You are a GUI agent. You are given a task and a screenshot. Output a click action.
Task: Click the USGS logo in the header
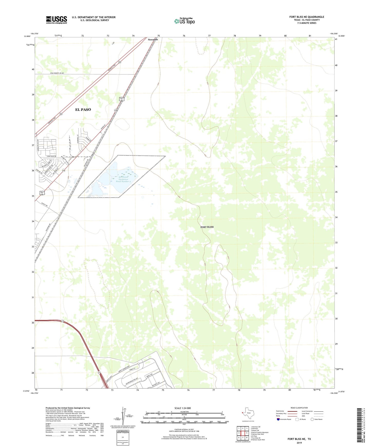[x=56, y=20]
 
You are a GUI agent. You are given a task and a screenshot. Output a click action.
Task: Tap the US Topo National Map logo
[x=184, y=21]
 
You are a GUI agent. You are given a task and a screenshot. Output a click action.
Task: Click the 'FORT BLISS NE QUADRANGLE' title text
[x=307, y=17]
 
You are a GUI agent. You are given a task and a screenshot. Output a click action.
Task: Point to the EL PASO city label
[x=83, y=110]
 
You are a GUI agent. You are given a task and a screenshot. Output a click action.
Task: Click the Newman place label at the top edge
[x=153, y=40]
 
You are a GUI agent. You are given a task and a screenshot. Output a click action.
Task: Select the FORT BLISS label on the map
[x=207, y=227]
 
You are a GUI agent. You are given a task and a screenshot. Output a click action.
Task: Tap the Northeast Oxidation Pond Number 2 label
[x=123, y=179]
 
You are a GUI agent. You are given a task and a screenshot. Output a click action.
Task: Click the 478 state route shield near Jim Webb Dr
[x=63, y=170]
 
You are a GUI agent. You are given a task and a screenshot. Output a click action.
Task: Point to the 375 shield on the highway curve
[x=62, y=321]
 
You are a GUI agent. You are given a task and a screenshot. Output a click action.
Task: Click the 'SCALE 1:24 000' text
[x=182, y=408]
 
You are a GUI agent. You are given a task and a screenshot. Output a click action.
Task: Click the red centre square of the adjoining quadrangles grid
[x=243, y=433]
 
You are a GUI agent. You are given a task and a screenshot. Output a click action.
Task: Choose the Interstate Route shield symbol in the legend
[x=278, y=419]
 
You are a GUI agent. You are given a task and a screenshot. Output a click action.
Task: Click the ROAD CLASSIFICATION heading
[x=299, y=408]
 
